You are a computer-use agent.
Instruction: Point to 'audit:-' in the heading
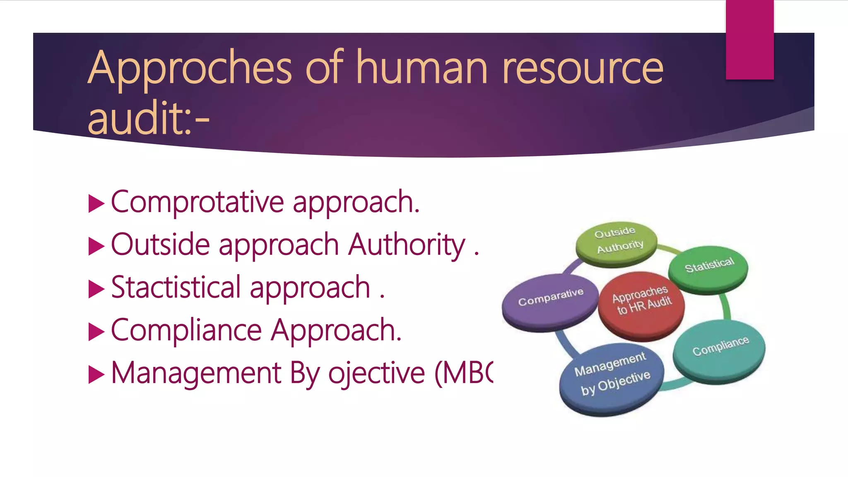[x=149, y=119]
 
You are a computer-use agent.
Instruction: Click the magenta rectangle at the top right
[x=749, y=39]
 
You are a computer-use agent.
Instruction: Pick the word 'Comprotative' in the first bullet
[x=198, y=202]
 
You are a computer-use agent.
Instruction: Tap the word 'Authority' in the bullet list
[x=407, y=245]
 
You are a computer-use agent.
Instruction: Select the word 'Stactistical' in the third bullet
[x=176, y=287]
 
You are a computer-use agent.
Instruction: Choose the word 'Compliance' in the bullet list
[x=186, y=330]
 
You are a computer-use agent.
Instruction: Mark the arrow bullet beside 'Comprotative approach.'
[x=96, y=204]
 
